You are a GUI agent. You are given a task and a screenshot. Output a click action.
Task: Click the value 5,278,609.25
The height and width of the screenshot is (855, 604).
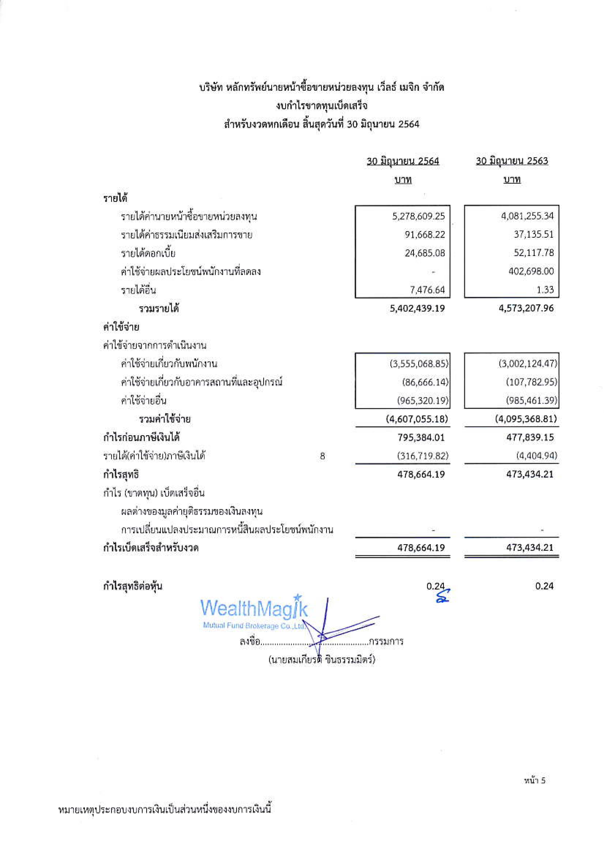coord(418,216)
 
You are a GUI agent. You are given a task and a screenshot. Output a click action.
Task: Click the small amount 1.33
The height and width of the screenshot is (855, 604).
coord(545,290)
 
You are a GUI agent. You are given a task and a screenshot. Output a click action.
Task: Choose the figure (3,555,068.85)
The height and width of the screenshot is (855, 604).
coord(419,364)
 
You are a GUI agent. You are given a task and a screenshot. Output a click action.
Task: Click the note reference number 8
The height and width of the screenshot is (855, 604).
coord(322,456)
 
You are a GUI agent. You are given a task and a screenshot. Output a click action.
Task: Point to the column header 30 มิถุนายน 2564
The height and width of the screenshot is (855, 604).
coord(403,161)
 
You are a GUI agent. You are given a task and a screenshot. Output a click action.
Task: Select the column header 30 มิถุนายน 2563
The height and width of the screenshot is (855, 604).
coord(512,161)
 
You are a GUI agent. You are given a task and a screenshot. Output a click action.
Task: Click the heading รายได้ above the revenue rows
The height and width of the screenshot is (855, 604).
coord(115,198)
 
